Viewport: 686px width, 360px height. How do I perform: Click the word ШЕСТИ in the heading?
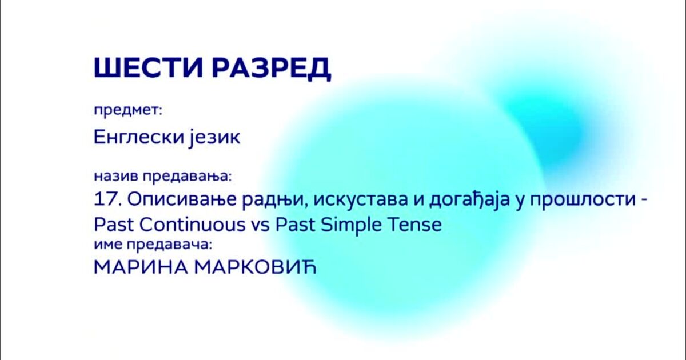click(148, 67)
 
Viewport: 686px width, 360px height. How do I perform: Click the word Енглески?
click(138, 137)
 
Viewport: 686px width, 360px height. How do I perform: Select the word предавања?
click(188, 177)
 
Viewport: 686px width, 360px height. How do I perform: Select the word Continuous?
click(193, 225)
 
